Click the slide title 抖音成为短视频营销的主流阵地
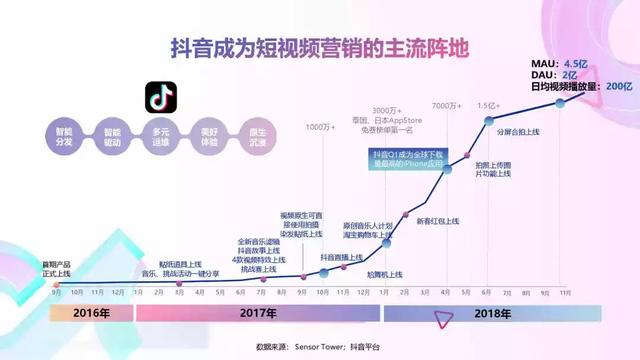(320, 48)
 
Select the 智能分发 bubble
(64, 136)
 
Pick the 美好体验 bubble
(209, 136)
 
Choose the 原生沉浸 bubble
(257, 136)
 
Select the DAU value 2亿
(569, 75)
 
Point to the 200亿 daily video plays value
(621, 86)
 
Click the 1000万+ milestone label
(320, 127)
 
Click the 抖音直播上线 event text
(339, 258)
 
